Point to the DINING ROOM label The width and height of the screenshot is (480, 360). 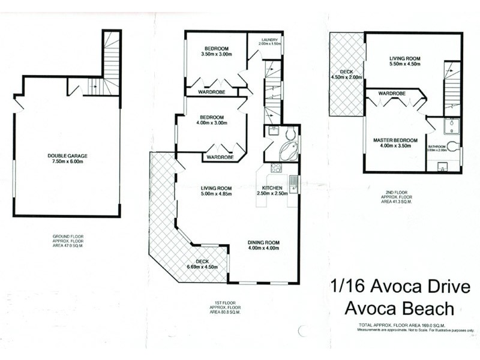(x=265, y=242)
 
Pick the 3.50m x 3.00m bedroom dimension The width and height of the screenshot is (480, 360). (x=216, y=54)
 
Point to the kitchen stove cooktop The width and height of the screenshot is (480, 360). (x=277, y=169)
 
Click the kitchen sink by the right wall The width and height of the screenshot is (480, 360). (x=293, y=183)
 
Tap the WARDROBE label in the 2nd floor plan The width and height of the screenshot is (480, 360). (x=392, y=94)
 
